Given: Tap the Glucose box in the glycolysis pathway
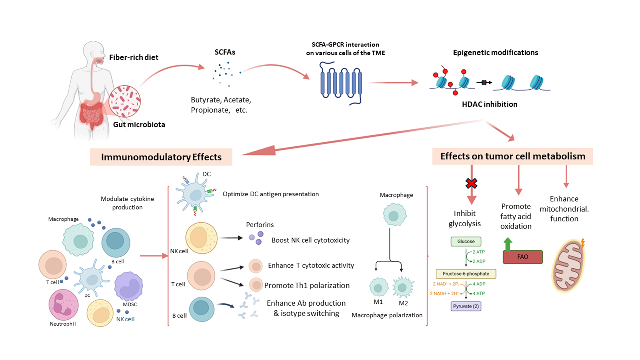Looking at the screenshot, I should [x=466, y=241].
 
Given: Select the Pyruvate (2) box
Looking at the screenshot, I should [x=466, y=306].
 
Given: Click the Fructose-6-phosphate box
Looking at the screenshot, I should [x=466, y=274].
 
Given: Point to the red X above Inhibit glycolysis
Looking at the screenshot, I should [x=471, y=184].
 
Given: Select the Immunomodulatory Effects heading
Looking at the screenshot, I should [x=161, y=157].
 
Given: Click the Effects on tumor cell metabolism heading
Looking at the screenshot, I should [x=512, y=156].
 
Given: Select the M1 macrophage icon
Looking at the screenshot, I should [x=378, y=288].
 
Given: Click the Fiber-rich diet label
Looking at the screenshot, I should [x=134, y=57].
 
